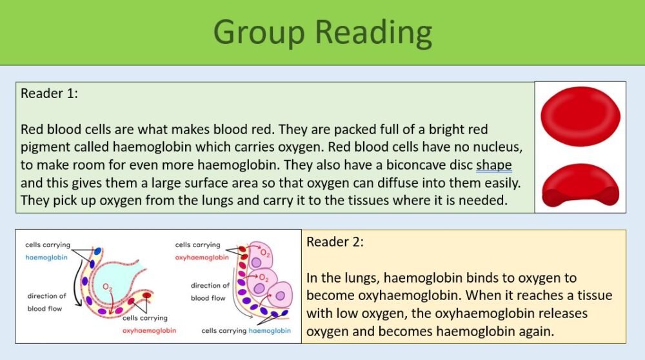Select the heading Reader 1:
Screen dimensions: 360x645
pos(49,94)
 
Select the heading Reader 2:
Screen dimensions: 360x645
pos(335,242)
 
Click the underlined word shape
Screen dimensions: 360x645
pos(494,165)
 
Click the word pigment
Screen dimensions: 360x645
pos(45,147)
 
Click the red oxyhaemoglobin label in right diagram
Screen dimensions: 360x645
pos(201,257)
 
